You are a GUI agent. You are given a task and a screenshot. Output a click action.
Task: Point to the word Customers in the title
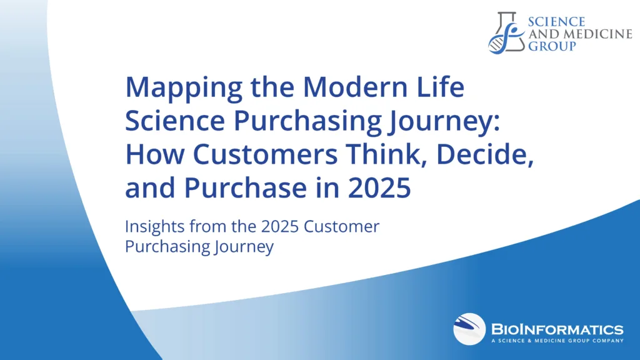coord(265,154)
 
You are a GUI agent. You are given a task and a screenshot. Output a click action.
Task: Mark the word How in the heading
coord(154,154)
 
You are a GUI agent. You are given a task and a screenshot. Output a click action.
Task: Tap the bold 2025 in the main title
coord(379,187)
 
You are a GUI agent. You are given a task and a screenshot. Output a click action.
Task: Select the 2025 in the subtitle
coord(280,226)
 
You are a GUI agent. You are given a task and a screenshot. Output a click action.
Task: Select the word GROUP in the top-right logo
coord(552,46)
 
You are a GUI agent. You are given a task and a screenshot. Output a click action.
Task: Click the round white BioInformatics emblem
coord(469,329)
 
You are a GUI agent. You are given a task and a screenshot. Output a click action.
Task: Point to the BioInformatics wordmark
coord(557,329)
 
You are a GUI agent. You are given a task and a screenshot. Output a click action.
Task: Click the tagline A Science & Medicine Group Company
coord(557,341)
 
